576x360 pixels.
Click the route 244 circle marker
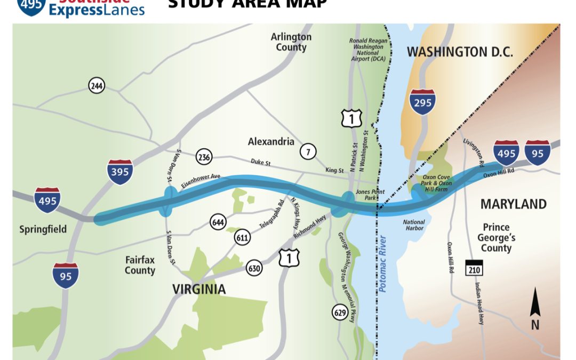pos(97,85)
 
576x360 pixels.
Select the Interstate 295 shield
pos(422,103)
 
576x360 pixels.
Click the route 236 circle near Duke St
pos(204,157)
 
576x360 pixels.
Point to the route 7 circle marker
pos(307,151)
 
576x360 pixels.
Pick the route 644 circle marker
pos(218,222)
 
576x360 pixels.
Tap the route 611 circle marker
pos(242,238)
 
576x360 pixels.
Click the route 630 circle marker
pos(254,268)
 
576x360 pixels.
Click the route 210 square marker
pos(474,268)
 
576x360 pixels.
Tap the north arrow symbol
pos(535,309)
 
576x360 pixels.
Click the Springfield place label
pos(43,229)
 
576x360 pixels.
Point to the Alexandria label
pos(271,142)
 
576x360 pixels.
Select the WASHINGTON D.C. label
pos(460,52)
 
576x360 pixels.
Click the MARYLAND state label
pos(513,204)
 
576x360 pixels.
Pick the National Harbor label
pos(414,225)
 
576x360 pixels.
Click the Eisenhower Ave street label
pos(208,182)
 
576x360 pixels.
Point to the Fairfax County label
pos(140,265)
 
